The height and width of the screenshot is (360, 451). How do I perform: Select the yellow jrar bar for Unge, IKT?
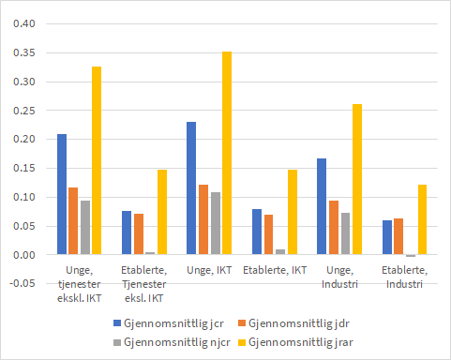[227, 153]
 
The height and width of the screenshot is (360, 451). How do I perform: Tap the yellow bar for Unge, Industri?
[356, 179]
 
